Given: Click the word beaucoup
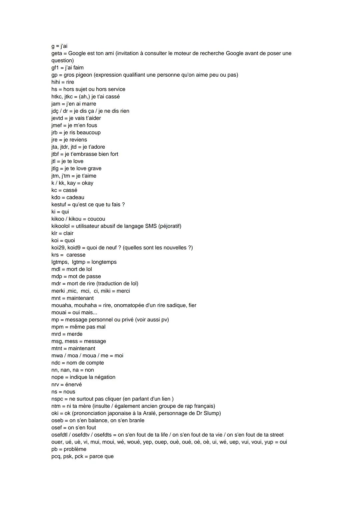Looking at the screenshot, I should [x=89, y=133].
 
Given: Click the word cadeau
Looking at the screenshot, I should [x=75, y=197].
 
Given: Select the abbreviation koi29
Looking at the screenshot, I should [x=58, y=248].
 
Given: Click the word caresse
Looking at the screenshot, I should [x=76, y=255].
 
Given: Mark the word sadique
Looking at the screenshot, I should [x=174, y=305].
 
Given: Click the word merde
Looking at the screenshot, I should [x=75, y=334].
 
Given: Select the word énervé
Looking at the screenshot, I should [x=73, y=385].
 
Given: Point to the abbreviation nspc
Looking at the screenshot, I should [x=57, y=399].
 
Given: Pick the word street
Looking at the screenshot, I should [x=274, y=435].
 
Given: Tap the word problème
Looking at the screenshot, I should [x=75, y=449].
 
